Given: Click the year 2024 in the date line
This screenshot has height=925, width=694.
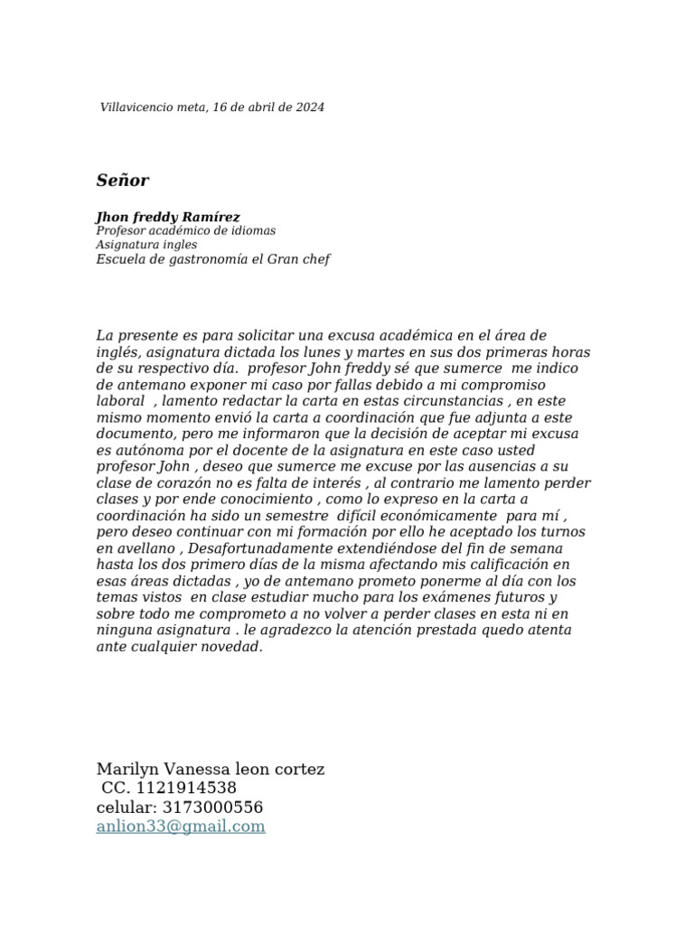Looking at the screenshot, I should tap(309, 107).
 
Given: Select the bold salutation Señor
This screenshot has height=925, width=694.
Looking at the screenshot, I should tap(123, 181).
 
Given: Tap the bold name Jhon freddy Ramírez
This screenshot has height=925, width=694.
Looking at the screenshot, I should tap(168, 217).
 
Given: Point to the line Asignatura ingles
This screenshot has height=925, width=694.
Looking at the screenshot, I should tap(146, 245).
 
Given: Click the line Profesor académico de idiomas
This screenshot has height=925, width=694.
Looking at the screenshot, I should tap(185, 231).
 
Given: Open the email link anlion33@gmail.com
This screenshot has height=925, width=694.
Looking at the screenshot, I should tap(181, 826).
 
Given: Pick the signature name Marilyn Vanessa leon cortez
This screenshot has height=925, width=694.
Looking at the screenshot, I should tap(211, 769).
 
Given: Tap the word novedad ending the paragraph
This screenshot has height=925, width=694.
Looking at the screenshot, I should tap(233, 647).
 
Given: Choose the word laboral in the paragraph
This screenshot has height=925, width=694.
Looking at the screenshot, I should tap(120, 401).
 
